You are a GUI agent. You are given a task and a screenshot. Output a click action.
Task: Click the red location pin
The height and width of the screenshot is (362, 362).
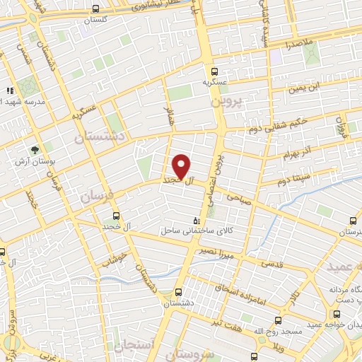click(182, 167)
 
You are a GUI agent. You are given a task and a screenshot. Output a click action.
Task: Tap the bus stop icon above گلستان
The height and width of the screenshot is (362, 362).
click(96, 9)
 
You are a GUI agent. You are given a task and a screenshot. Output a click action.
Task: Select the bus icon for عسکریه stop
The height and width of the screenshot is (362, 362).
click(215, 71)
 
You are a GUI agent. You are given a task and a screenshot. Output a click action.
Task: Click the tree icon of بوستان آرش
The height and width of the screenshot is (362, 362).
click(33, 151)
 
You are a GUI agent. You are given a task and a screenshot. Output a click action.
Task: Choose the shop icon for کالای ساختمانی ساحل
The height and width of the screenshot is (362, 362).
click(197, 221)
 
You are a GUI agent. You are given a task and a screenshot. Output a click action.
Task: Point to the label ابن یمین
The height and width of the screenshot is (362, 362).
click(303, 88)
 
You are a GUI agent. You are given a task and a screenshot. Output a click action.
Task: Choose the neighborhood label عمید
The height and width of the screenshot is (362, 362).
click(342, 267)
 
